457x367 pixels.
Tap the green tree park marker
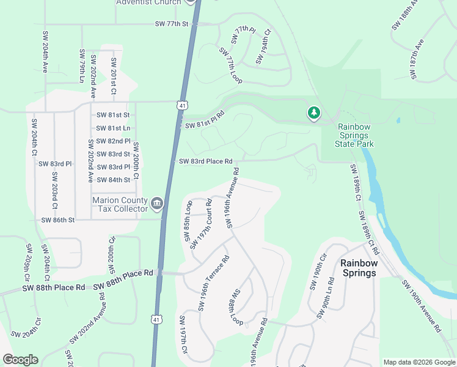314,113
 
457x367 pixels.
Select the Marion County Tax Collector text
120,204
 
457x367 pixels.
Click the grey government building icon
157,202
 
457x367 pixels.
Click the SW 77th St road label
173,24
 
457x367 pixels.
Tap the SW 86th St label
57,220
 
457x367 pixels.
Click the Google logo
20,360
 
